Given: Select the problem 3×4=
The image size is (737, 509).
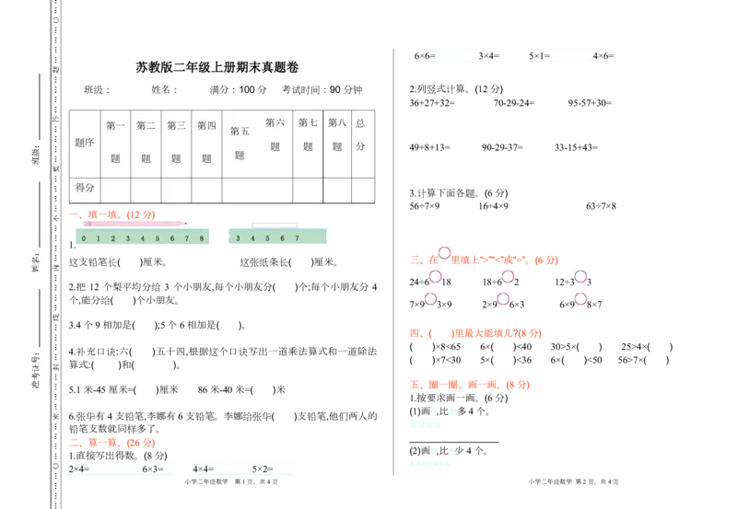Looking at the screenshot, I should tap(488, 56).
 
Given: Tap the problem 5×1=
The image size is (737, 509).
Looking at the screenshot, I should tap(538, 56).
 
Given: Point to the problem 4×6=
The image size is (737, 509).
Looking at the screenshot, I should tap(603, 56).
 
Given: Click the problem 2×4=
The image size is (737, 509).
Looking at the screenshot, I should tap(78, 469).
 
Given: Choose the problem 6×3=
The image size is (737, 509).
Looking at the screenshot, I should tap(153, 469).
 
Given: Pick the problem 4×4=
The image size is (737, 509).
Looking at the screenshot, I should tap(204, 469).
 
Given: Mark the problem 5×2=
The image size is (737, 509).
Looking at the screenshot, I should tap(263, 469).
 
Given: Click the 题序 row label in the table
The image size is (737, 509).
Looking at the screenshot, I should tap(85, 143).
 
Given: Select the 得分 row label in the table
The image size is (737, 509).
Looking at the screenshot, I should tap(85, 188).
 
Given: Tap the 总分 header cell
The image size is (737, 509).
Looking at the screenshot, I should tap(360, 134).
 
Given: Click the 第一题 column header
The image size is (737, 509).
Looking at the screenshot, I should tap(115, 142).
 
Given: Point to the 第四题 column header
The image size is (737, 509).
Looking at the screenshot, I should tap(206, 142).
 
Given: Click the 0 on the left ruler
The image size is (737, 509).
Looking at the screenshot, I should tap(83, 238).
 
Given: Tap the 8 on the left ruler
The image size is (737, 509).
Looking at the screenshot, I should tap(201, 238).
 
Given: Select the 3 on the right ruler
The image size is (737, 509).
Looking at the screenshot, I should tap(239, 238).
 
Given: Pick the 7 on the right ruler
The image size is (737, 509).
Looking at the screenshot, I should tap(297, 238).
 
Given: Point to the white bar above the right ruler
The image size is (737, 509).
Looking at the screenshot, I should tap(274, 226).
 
